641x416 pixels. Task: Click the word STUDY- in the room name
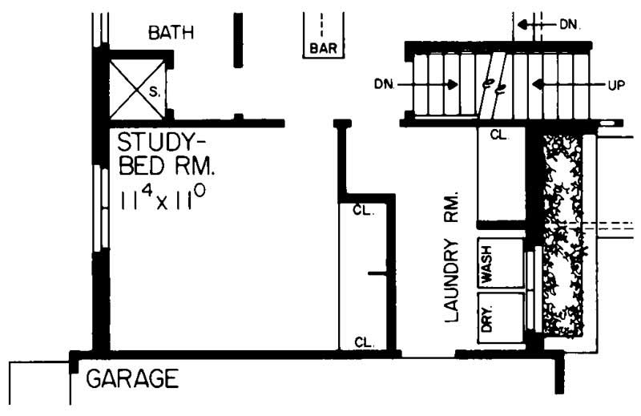tap(156, 143)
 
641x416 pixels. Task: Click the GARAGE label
tap(131, 378)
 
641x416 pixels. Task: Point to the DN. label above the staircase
tap(569, 25)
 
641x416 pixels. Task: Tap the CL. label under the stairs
tap(498, 135)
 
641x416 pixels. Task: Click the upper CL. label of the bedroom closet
tap(365, 210)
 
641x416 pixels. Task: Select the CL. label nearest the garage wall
tap(365, 342)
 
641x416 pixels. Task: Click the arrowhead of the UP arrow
tap(538, 84)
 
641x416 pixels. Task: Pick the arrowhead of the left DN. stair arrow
tap(454, 84)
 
